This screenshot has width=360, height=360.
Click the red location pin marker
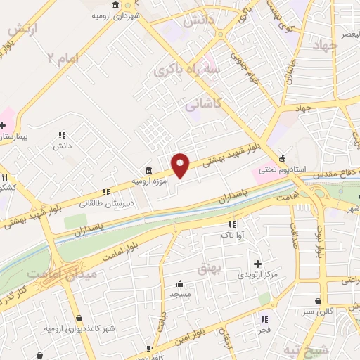(181, 166)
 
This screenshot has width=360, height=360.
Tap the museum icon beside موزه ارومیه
(149, 169)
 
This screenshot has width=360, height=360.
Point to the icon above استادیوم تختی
(283, 157)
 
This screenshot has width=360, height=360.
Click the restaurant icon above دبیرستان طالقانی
(106, 191)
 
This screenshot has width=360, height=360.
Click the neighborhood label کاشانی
(203, 104)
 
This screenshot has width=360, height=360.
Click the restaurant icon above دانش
(61, 134)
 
